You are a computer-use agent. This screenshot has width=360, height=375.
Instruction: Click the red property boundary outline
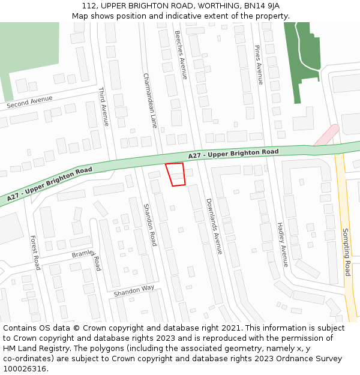(175, 174)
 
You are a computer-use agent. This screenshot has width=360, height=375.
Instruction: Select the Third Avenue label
(103, 107)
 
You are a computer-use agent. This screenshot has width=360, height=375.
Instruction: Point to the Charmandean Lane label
(149, 101)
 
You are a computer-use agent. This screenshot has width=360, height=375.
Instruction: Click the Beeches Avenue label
(181, 55)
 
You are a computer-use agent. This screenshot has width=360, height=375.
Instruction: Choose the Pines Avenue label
(259, 65)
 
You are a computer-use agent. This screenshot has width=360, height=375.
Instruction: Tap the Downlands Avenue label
(214, 226)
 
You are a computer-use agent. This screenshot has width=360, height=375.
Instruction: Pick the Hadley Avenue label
(282, 244)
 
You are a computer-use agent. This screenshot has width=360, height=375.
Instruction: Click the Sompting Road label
(346, 252)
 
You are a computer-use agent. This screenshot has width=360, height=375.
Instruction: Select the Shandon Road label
(149, 225)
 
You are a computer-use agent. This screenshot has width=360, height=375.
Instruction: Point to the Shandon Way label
(134, 291)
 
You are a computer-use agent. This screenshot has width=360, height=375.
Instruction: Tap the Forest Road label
(35, 252)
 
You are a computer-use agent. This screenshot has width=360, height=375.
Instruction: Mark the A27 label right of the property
(233, 154)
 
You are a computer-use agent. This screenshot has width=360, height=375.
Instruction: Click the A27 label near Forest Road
(50, 184)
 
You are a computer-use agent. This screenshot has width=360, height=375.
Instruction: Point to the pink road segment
(325, 135)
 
